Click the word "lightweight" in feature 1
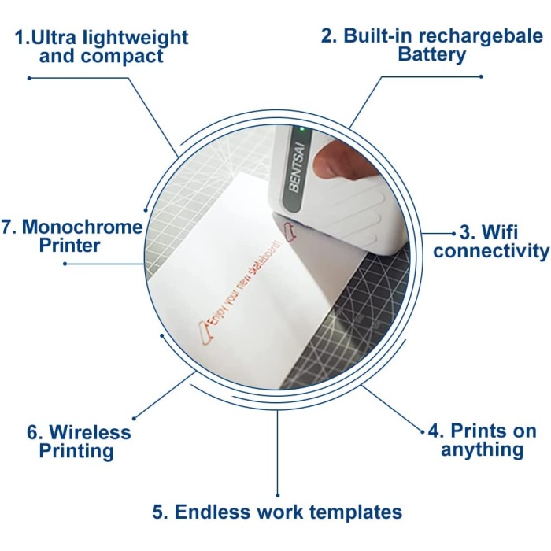click(x=135, y=38)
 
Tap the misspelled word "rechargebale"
click(x=481, y=35)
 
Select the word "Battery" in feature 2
click(x=431, y=55)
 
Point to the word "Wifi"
click(x=499, y=232)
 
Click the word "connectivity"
click(x=491, y=251)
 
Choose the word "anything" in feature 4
click(x=482, y=449)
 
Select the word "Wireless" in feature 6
click(x=90, y=432)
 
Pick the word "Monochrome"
click(x=82, y=227)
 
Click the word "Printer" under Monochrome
click(x=69, y=246)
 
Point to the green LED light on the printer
click(x=301, y=130)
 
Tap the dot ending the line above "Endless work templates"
click(x=278, y=495)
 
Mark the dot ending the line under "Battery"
click(x=481, y=76)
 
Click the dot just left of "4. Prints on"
click(x=423, y=432)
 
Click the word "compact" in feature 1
click(x=122, y=56)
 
